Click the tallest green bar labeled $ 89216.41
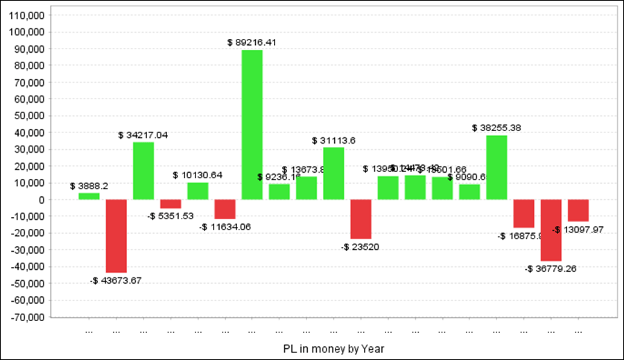252,125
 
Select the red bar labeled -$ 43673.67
116,236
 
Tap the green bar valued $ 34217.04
144,171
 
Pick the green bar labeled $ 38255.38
496,167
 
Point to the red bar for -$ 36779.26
551,230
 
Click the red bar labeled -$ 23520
361,219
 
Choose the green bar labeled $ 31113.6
333,173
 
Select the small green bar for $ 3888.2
89,196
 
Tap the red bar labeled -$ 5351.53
171,204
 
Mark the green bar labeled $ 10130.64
198,191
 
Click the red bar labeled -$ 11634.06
225,209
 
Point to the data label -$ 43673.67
116,280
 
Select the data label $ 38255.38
496,128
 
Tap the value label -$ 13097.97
578,230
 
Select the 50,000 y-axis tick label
27,116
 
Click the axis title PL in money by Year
333,348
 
